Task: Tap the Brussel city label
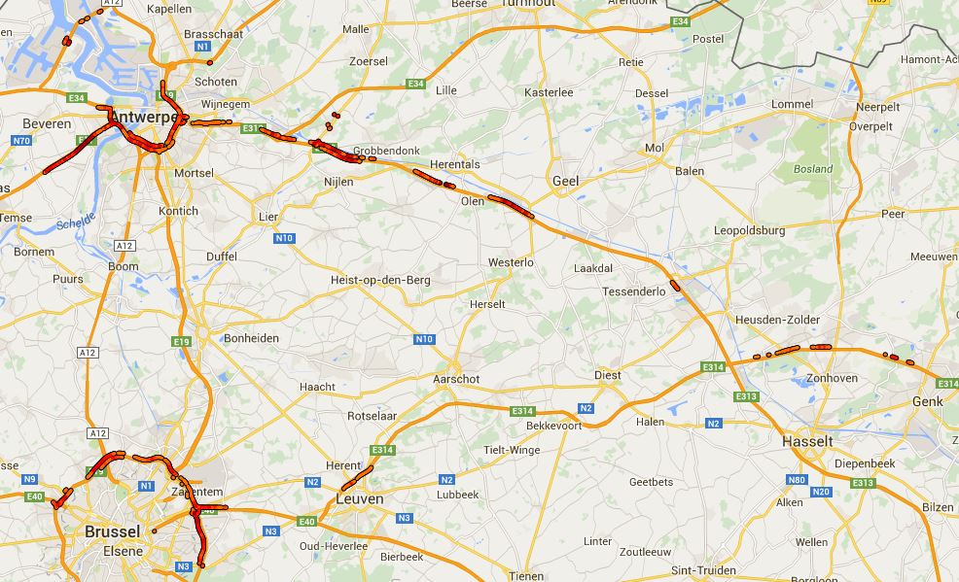click(x=113, y=531)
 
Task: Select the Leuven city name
click(x=359, y=498)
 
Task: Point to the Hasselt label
click(x=807, y=441)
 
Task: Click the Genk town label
click(x=927, y=401)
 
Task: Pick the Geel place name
click(x=565, y=181)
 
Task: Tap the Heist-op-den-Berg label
click(x=380, y=280)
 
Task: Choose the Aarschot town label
click(x=456, y=379)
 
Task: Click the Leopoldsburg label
click(x=749, y=230)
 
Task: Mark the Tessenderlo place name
click(x=633, y=291)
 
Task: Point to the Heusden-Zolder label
click(x=777, y=320)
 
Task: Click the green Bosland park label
click(x=812, y=168)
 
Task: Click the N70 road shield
click(x=21, y=141)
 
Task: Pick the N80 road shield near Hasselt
click(x=797, y=480)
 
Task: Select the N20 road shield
click(x=823, y=492)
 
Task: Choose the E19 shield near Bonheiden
click(x=181, y=342)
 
